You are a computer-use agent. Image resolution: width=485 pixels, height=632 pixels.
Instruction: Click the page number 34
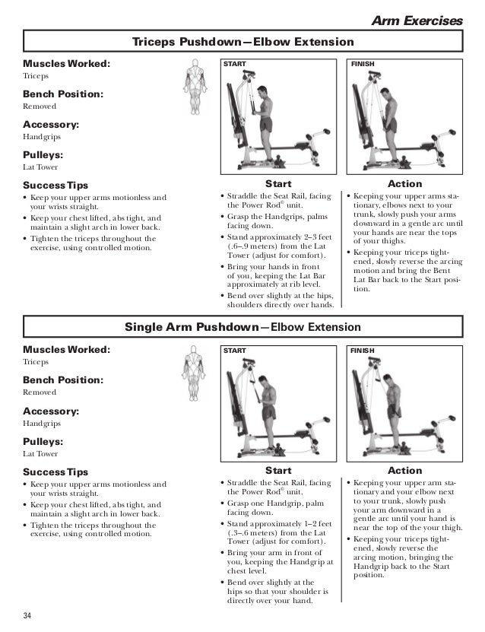[x=28, y=615]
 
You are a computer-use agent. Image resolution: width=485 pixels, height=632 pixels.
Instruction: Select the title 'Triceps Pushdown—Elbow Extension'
[x=242, y=42]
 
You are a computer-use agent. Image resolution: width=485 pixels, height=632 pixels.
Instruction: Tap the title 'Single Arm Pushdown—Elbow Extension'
[x=242, y=328]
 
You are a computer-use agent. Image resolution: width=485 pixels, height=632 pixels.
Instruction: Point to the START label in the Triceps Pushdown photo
[x=234, y=65]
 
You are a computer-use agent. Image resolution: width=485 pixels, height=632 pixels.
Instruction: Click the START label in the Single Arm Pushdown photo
[x=234, y=351]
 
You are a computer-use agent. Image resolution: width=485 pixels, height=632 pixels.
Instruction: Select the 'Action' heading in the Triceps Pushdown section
[x=404, y=184]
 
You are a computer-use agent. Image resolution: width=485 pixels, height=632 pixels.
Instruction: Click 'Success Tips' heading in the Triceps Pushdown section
[x=55, y=185]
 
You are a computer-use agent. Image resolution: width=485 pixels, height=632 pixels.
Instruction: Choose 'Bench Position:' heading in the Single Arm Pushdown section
[x=63, y=380]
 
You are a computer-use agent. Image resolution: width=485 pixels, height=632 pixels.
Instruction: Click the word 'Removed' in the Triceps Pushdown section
[x=40, y=106]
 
